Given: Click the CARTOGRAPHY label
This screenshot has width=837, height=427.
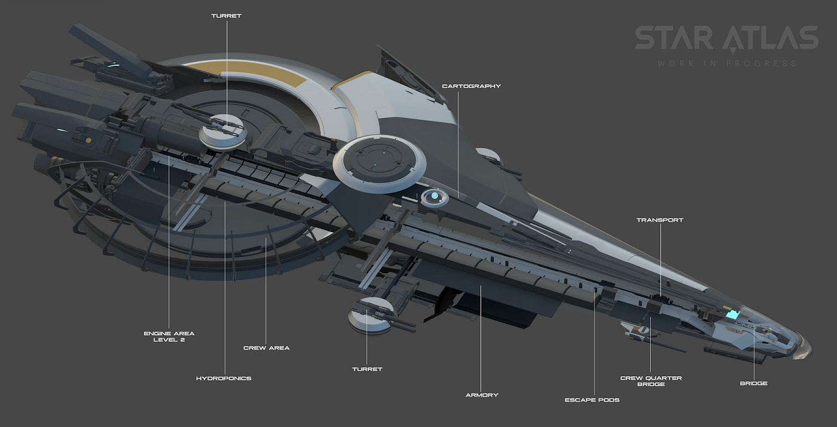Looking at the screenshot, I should (x=471, y=86).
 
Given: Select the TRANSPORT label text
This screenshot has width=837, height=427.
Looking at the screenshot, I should (x=659, y=220).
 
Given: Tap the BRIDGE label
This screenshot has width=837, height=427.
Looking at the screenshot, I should (x=754, y=383).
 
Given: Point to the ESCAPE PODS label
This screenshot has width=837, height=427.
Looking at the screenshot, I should (x=592, y=399).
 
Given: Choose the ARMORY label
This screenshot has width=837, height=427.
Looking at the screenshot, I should (x=482, y=395).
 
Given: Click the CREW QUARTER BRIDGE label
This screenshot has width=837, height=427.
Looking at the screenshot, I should (x=650, y=381).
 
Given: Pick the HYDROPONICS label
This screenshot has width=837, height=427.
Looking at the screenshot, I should (x=224, y=379).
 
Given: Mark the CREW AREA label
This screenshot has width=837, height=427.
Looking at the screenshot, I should (x=266, y=348).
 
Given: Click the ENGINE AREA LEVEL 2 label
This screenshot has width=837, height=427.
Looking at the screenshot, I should (x=169, y=337).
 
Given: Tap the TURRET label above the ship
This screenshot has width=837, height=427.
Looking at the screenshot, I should (x=226, y=16).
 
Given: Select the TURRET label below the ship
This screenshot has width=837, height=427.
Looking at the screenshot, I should (x=367, y=369).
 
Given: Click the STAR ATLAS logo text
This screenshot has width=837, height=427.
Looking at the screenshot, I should (x=726, y=38).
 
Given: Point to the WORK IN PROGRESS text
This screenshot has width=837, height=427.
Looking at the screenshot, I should (x=727, y=63).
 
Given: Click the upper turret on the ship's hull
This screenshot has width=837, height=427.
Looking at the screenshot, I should (x=222, y=130).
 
